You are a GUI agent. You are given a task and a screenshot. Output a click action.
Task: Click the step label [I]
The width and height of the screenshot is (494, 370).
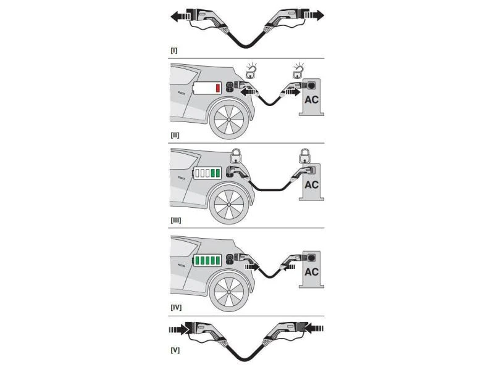click(174, 51)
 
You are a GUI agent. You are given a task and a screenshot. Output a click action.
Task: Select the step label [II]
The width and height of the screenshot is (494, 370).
click(175, 135)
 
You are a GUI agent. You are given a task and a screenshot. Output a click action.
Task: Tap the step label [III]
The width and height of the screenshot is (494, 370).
click(176, 220)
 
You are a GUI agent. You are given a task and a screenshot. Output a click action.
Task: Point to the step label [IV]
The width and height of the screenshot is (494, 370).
click(176, 307)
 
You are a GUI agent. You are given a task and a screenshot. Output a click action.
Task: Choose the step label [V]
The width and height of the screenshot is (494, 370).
click(175, 350)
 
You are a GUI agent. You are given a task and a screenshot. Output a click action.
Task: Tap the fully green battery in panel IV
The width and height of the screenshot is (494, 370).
click(207, 260)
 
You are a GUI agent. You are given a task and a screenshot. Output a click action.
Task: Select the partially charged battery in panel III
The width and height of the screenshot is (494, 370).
click(207, 173)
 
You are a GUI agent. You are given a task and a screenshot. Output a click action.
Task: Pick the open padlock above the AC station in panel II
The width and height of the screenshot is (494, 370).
click(299, 70)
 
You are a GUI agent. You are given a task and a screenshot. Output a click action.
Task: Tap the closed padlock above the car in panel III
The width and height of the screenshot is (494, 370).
click(237, 156)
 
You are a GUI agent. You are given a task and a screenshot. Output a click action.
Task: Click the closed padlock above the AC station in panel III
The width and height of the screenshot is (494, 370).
click(304, 156)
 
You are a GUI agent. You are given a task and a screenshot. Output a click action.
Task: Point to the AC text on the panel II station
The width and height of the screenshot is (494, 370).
click(312, 100)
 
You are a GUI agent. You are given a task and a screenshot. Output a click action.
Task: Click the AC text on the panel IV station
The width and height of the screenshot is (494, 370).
click(312, 271)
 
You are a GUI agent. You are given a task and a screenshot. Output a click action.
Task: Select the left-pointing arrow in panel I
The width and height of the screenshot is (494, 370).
click(180, 16)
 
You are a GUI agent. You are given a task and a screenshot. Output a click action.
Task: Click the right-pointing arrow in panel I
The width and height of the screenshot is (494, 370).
click(314, 15)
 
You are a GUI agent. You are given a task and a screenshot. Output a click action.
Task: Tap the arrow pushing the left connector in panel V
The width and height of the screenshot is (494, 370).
click(179, 329)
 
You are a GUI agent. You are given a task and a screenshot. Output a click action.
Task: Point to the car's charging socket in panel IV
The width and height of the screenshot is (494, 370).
click(230, 260)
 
